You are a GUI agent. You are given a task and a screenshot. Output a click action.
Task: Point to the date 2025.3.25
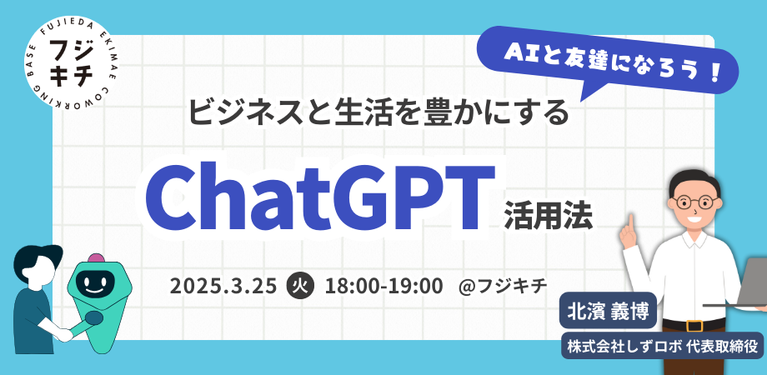pyautogui.click(x=223, y=285)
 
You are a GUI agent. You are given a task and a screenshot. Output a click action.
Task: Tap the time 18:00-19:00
pyautogui.click(x=384, y=285)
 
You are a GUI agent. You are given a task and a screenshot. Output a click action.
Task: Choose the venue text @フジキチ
pyautogui.click(x=503, y=285)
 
